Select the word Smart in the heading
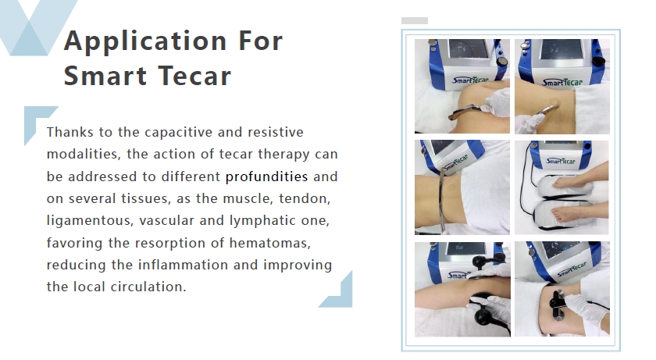point(105,76)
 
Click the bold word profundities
point(266,176)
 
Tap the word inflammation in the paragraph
point(183,265)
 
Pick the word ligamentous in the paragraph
point(90,221)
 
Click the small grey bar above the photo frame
point(415,20)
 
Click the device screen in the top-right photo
point(562,50)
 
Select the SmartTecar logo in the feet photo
point(561,161)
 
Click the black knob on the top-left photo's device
point(501,62)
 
